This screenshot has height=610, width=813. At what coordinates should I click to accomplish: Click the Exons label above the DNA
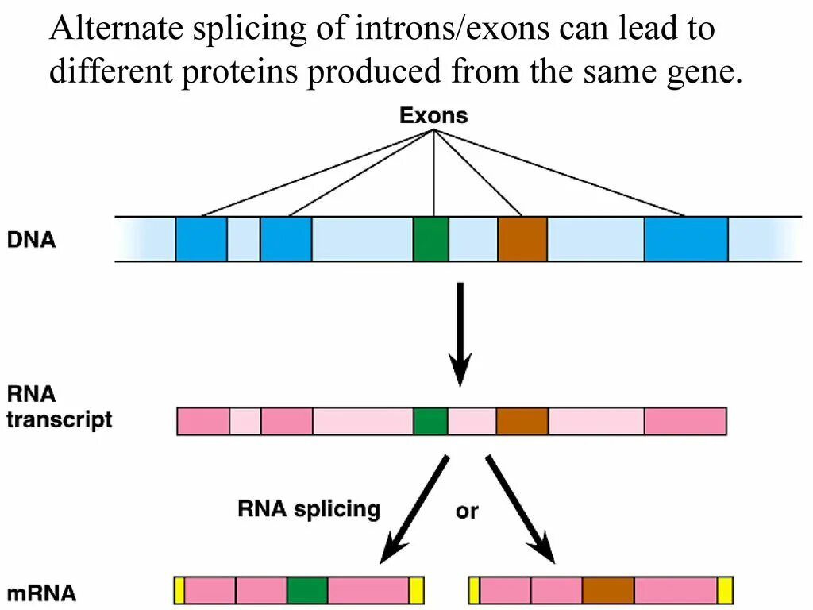coord(433,116)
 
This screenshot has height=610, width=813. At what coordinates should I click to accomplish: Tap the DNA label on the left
coord(32,239)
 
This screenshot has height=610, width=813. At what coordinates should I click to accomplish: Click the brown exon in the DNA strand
coord(522,238)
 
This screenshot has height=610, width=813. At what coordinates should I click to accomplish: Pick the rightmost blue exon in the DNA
coord(686,238)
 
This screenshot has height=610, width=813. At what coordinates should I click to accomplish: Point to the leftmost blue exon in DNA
coord(201,238)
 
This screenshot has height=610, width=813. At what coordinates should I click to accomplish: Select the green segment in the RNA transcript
coord(430,420)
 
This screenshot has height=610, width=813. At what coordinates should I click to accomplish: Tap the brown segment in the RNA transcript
coord(522,420)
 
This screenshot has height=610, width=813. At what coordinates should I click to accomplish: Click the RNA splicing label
coord(309,508)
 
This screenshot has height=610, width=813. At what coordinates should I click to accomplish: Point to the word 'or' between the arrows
coord(467,512)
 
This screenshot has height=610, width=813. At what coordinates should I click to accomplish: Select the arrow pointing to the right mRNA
coord(518,508)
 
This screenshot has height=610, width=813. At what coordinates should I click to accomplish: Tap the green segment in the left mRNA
coord(307,591)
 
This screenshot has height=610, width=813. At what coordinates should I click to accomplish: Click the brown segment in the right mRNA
coord(608,591)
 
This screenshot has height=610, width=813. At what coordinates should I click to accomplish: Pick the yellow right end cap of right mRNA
coord(724,591)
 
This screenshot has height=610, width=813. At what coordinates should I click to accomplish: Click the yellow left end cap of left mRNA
coord(179,591)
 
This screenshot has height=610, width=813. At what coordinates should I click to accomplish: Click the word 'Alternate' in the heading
coord(107,30)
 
